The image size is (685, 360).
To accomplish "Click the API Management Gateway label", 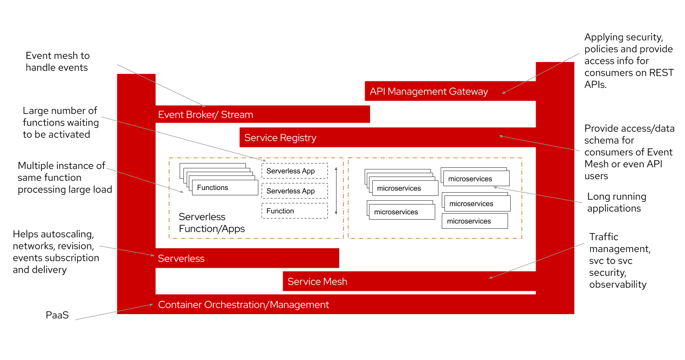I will coord(429,92).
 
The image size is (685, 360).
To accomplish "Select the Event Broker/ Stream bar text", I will coord(206,114).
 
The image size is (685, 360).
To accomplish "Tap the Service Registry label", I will coord(280,138).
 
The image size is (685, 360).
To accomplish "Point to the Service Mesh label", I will coord(317,281).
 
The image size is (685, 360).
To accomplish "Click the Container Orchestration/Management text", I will coord(243,305).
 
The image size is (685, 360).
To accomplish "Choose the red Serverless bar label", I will coord(181,259).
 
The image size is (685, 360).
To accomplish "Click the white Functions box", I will coord(225,187).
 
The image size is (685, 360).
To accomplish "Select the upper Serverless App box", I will coord(294,171).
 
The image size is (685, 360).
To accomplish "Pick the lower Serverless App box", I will coord(294,191).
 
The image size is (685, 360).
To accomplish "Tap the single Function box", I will coord(294,211).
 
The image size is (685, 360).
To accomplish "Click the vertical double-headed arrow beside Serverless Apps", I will coord(336,191).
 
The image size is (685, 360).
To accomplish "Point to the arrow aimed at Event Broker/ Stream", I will coord(161,85).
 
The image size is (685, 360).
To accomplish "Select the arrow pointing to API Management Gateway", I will coord(541,73).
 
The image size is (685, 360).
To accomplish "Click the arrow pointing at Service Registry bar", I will coord(539,143).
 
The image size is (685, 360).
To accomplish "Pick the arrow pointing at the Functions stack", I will coord(145,180).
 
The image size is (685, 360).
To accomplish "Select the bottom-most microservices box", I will coord(475,221).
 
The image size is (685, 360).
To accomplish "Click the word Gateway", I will coord(468,92).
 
